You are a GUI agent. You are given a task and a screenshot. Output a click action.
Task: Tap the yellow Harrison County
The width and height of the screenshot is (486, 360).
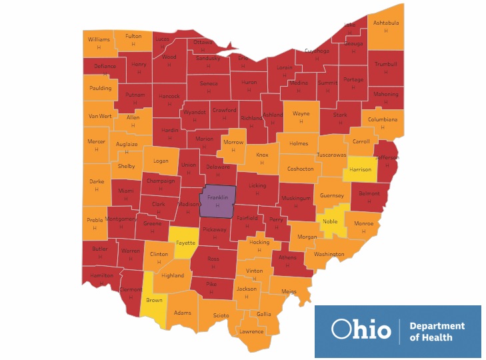[x=361, y=169]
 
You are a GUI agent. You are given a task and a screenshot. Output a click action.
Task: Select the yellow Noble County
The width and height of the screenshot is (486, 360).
[x=330, y=221]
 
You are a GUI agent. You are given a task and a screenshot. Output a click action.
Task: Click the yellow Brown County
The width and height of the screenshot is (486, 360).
[x=154, y=301]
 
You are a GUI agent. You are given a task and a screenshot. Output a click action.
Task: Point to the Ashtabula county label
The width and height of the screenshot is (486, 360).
[x=386, y=23]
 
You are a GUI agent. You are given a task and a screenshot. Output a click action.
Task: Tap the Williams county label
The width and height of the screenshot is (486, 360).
[x=99, y=39]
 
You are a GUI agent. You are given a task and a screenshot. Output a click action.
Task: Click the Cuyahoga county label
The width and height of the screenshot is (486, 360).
[x=317, y=51]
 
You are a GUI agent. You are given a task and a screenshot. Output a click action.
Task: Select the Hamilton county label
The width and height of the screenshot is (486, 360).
[x=102, y=275]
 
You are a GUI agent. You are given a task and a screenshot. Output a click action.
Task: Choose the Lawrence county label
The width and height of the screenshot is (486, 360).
[x=252, y=331]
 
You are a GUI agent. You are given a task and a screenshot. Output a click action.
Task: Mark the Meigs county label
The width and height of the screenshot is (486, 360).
[x=289, y=291]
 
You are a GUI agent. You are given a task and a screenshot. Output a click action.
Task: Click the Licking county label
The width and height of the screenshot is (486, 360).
[x=257, y=185]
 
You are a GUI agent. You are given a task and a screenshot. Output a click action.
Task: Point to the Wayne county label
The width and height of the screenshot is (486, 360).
[x=301, y=114]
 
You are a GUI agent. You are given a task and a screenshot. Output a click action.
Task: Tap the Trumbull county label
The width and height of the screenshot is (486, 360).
[x=386, y=64]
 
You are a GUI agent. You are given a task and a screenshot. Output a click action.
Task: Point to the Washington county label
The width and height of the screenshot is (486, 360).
[x=329, y=254]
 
